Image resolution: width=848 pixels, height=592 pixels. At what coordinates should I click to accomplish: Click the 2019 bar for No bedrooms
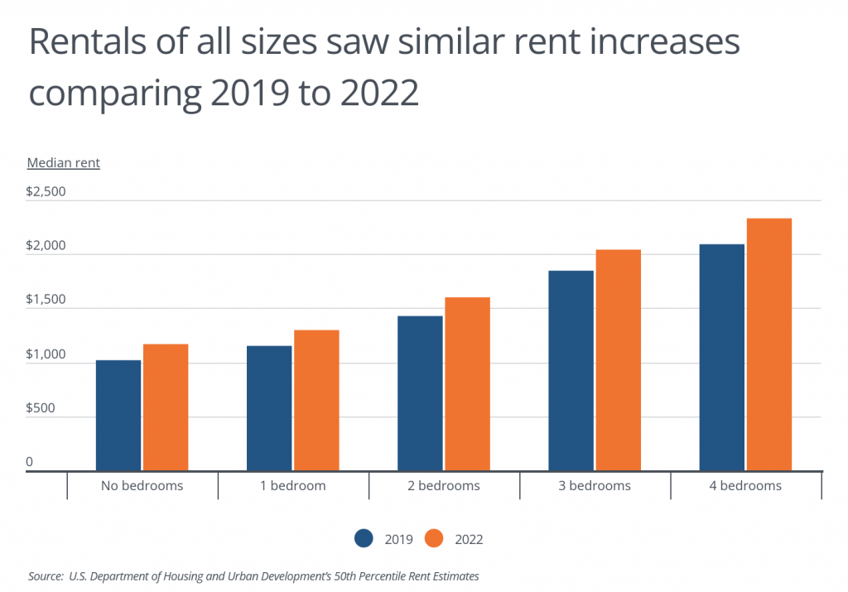coord(118,416)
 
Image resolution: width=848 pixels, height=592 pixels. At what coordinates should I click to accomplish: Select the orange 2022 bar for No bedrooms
coord(166,407)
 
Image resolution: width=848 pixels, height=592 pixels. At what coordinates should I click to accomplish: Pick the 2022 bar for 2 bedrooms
coord(468,384)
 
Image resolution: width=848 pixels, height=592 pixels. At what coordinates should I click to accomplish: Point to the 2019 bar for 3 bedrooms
coord(571,371)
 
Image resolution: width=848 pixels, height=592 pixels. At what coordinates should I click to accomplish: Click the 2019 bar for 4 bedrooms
coord(722,358)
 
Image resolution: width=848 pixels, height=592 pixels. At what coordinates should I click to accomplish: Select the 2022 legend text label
coord(469,539)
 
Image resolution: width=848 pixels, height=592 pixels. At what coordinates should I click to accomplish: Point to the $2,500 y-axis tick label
coord(46,192)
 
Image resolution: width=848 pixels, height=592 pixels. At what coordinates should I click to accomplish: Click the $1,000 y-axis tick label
coord(46,354)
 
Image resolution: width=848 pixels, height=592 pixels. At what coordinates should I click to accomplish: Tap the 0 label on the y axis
coord(30,462)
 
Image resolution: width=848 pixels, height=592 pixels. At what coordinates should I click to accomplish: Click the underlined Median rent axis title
coord(64,163)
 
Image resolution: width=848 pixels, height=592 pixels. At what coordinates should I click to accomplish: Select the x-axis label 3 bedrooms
coord(595,486)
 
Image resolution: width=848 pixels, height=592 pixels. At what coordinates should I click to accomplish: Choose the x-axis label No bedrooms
coord(142,486)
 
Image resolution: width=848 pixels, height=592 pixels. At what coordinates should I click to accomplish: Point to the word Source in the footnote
coord(45,575)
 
